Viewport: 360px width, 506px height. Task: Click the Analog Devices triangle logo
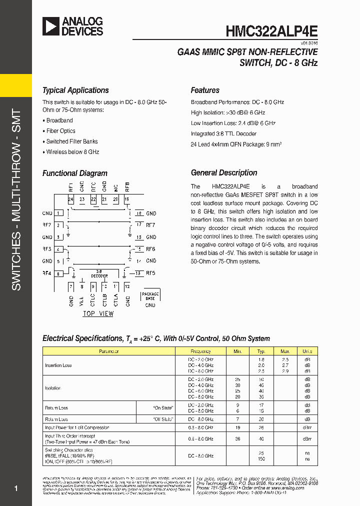pyautogui.click(x=50, y=26)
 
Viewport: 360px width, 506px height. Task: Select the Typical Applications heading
pyautogui.click(x=75, y=90)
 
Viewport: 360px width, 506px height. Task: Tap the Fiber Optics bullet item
pyautogui.click(x=60, y=131)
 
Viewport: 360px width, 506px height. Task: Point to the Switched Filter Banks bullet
pyautogui.click(x=72, y=141)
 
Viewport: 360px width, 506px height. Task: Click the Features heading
pyautogui.click(x=205, y=90)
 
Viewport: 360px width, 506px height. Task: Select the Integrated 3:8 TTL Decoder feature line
pyautogui.click(x=223, y=133)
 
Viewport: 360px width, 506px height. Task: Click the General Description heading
pyautogui.click(x=224, y=173)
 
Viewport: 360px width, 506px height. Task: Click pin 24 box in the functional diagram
pyautogui.click(x=71, y=199)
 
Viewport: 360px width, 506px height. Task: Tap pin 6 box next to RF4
pyautogui.click(x=58, y=273)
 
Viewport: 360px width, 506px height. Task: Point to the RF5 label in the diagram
pyautogui.click(x=151, y=273)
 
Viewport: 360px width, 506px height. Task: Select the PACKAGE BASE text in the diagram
pyautogui.click(x=150, y=296)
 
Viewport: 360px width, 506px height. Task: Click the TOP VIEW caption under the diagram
pyautogui.click(x=98, y=314)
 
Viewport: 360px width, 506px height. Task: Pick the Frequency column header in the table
pyautogui.click(x=200, y=351)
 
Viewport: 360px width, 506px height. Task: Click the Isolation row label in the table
pyautogui.click(x=53, y=388)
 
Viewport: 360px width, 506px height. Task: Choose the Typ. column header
pyautogui.click(x=261, y=351)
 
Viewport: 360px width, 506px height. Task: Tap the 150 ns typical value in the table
pyautogui.click(x=261, y=458)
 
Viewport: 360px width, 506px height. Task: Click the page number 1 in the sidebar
pyautogui.click(x=16, y=488)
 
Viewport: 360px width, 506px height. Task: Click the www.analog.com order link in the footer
pyautogui.click(x=287, y=488)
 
